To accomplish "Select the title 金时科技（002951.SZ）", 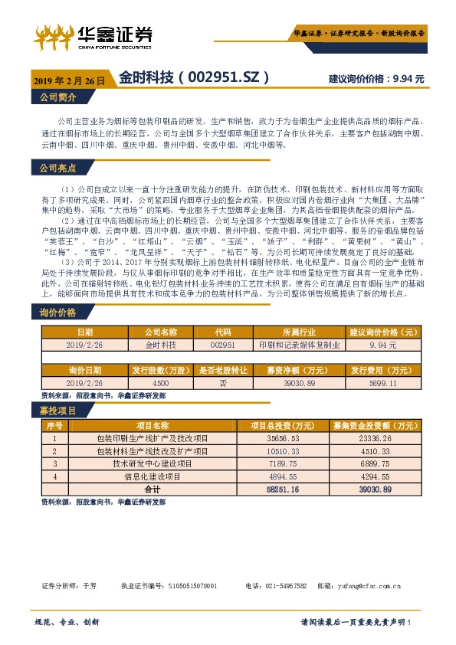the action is click(195, 78).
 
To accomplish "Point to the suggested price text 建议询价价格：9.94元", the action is click(375, 79).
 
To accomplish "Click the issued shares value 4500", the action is click(161, 382).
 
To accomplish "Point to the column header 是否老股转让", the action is click(222, 370).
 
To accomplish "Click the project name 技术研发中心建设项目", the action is click(151, 463).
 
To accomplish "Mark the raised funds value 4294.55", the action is click(375, 476).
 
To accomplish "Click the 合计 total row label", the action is click(152, 489).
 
